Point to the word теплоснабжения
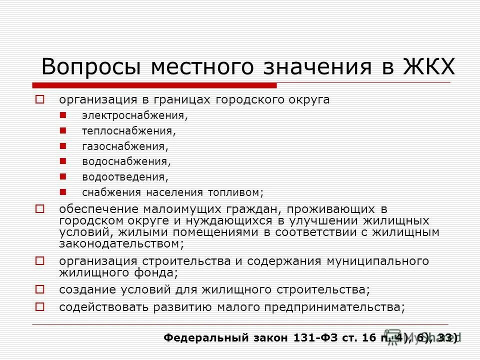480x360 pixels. pos(129,131)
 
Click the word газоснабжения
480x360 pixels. pos(125,146)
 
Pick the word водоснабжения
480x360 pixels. pos(126,161)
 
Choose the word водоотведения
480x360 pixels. pos(125,177)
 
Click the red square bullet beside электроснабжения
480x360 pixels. pos(62,115)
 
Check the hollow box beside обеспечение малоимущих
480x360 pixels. pos(40,208)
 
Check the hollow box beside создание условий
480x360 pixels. pos(40,289)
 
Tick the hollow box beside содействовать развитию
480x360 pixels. pos(40,306)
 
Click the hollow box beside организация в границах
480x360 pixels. pos(40,99)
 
